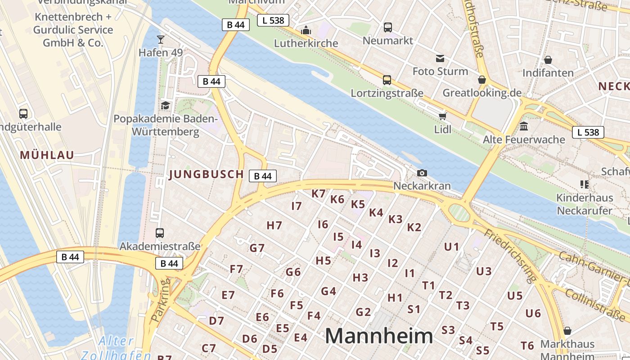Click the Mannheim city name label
pos(379,336)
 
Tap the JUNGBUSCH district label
pos(206,175)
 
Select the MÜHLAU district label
pos(47,155)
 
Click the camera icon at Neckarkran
pos(422,173)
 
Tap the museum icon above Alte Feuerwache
pos(523,126)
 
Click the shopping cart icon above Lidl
pos(442,117)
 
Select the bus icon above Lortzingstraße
pos(387,80)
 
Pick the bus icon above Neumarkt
pos(387,27)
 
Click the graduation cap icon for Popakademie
pos(165,105)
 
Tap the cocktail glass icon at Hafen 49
pos(161,40)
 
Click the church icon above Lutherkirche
pos(306,30)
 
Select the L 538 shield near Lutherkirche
pos(273,20)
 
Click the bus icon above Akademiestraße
pos(160,233)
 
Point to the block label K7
pos(318,194)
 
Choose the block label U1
pos(451,247)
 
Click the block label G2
pos(363,312)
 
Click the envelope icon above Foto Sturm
pos(440,58)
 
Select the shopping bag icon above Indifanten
pos(548,60)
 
